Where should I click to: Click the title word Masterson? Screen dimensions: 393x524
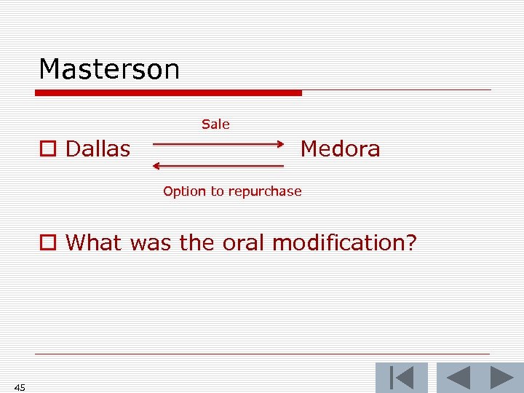[109, 70]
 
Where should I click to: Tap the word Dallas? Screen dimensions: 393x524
[98, 149]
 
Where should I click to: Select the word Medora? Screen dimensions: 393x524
[340, 149]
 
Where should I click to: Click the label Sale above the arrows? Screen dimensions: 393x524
[215, 124]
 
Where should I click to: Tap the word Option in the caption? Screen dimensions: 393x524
[185, 191]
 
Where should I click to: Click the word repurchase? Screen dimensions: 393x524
[265, 191]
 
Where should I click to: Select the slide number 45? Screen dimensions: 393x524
[20, 387]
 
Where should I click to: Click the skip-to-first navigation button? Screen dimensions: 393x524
[401, 378]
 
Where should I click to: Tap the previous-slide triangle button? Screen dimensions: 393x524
[458, 378]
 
